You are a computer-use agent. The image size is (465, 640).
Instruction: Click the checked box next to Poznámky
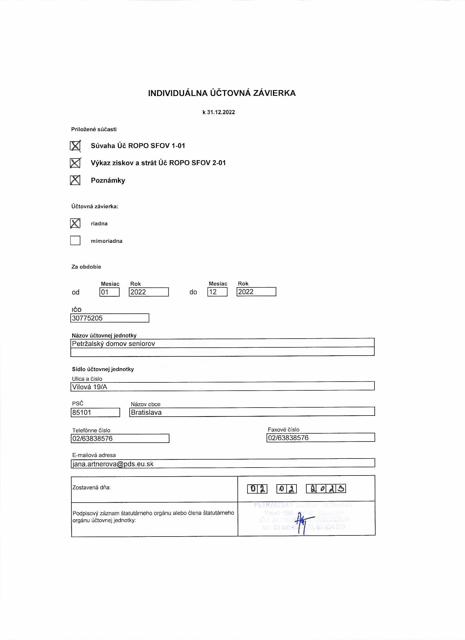click(x=75, y=180)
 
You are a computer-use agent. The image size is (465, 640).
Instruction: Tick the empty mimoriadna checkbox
click(x=75, y=240)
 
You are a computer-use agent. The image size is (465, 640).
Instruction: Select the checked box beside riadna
click(x=75, y=223)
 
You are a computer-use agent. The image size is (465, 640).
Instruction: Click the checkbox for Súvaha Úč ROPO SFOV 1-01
click(x=75, y=146)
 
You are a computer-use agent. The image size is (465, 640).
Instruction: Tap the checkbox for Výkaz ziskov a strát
click(x=75, y=163)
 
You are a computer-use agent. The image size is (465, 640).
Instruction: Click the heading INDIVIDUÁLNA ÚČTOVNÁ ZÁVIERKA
click(x=222, y=93)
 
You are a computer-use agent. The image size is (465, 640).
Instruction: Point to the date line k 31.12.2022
click(x=219, y=112)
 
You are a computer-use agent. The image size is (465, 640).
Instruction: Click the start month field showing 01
click(x=109, y=292)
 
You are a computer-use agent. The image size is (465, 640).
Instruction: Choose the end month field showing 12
click(x=217, y=292)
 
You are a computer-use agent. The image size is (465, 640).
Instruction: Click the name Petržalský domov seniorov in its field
click(x=113, y=344)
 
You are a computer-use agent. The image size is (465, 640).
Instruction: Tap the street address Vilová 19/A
click(x=90, y=387)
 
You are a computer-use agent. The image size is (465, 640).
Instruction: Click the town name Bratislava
click(x=146, y=412)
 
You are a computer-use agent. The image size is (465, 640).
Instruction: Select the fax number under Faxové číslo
click(x=288, y=438)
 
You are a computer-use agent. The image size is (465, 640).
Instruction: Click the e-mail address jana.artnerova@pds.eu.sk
click(x=113, y=464)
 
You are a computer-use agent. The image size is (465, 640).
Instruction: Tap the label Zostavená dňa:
click(x=91, y=487)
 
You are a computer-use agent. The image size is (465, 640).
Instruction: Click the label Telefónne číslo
click(x=91, y=430)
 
